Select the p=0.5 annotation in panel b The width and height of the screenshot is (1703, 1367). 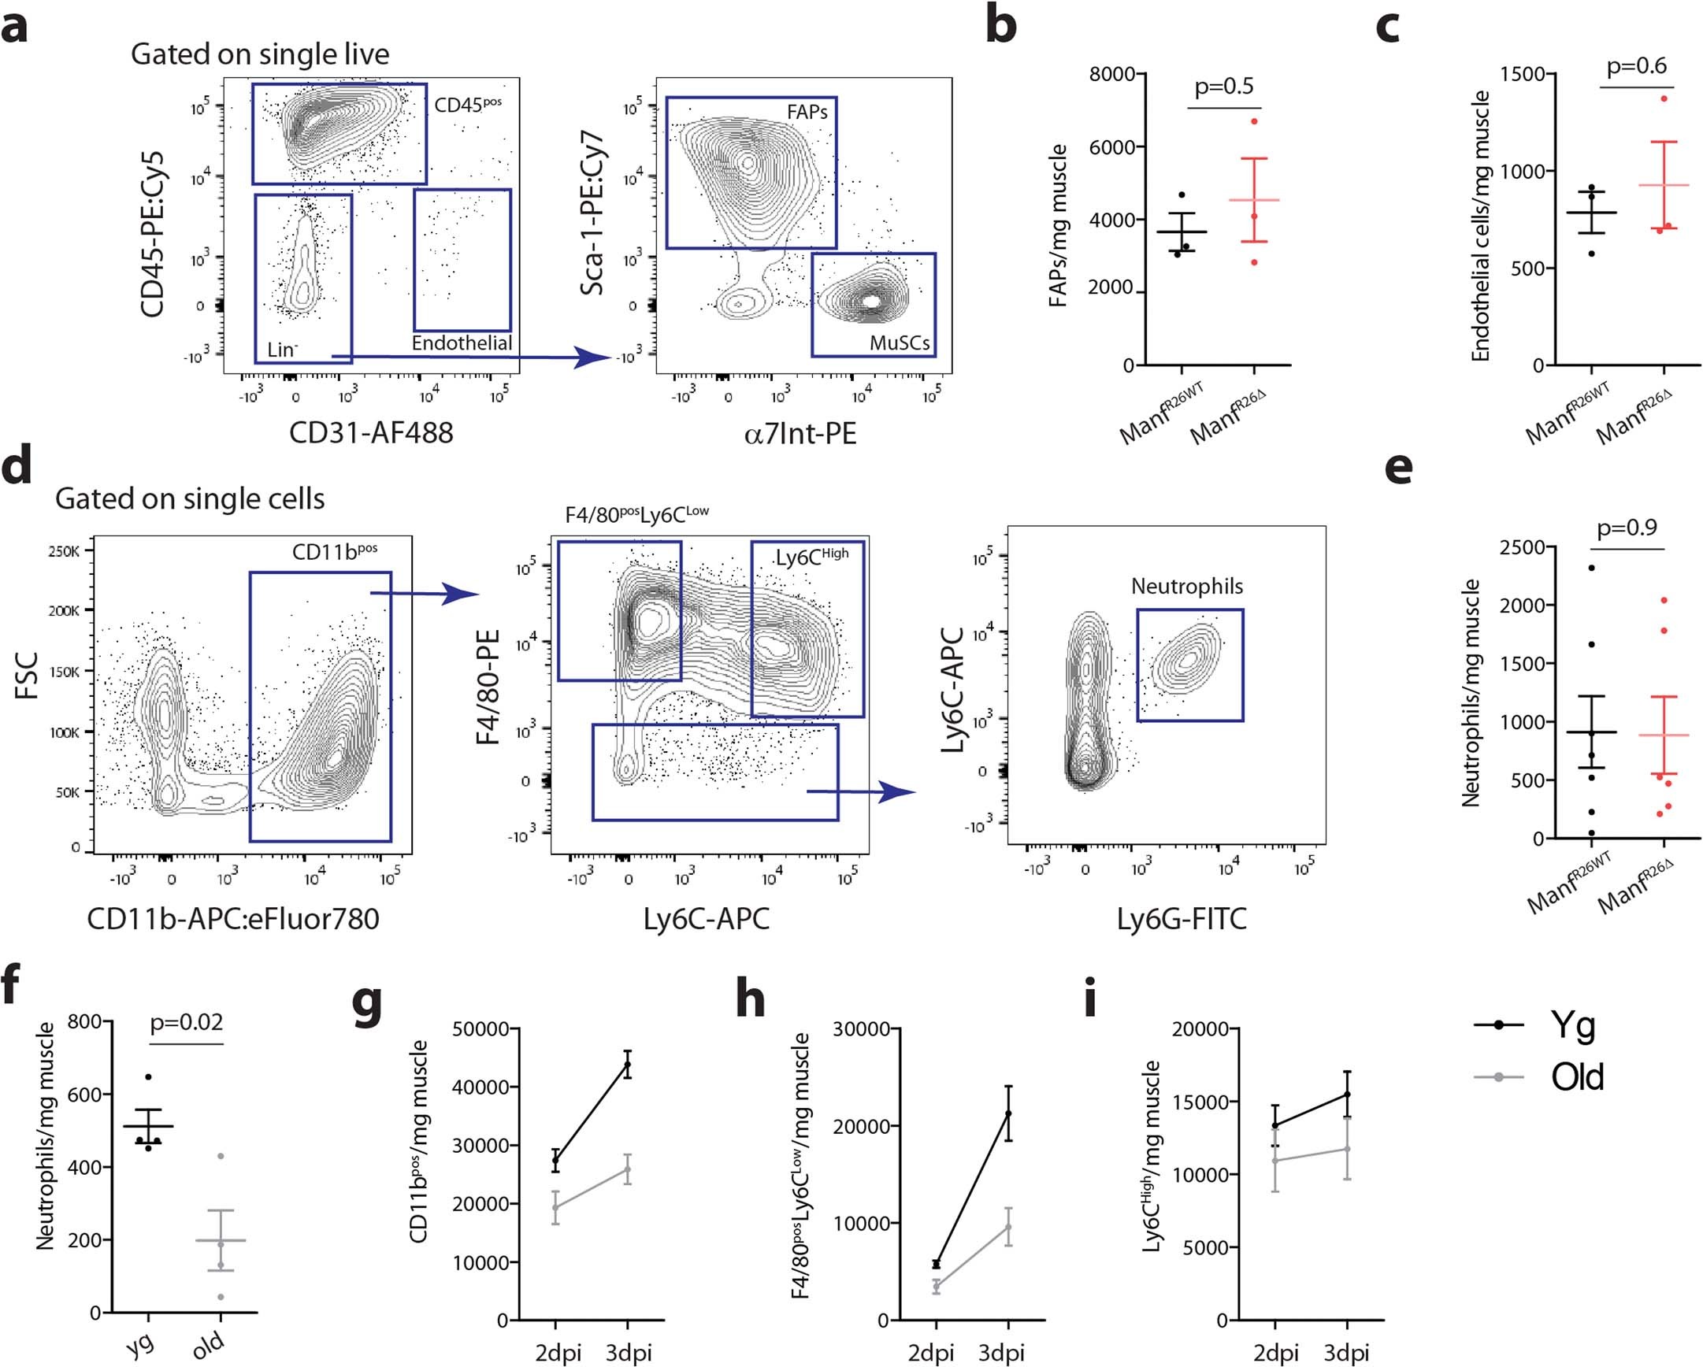click(1223, 86)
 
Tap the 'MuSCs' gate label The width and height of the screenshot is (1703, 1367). click(899, 343)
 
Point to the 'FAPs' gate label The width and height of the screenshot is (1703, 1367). click(807, 112)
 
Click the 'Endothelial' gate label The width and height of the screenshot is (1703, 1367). click(462, 343)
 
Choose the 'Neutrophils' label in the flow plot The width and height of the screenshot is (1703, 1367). click(1186, 586)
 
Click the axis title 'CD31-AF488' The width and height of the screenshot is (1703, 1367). click(371, 433)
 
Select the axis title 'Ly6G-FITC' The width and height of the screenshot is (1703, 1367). click(1181, 918)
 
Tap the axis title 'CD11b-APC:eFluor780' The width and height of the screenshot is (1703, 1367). click(233, 918)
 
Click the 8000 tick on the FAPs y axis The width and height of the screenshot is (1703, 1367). click(1111, 75)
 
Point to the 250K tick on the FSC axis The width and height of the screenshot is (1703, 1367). click(63, 550)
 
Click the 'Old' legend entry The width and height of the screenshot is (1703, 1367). click(1577, 1076)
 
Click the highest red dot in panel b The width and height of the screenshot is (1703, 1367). click(1253, 120)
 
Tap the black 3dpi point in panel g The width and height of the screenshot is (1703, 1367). click(628, 1065)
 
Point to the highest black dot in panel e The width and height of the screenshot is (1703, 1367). click(1591, 568)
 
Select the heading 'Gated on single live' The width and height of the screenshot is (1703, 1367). click(260, 54)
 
